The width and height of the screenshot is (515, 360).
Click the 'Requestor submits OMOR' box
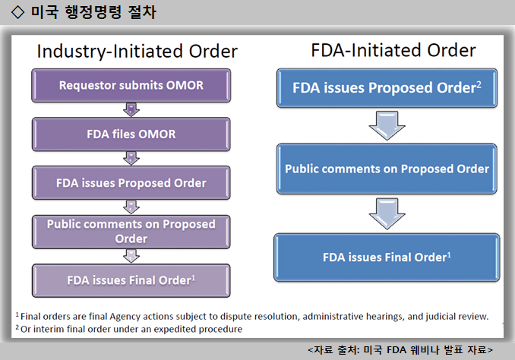[x=131, y=85]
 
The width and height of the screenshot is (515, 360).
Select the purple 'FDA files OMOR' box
[x=131, y=134]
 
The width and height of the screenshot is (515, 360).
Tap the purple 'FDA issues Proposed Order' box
[x=131, y=183]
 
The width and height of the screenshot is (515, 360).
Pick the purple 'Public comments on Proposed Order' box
[x=131, y=232]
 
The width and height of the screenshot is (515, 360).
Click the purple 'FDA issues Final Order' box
[x=131, y=280]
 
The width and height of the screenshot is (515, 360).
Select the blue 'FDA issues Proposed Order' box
[x=387, y=88]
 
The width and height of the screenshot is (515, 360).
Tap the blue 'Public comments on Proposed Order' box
[x=387, y=169]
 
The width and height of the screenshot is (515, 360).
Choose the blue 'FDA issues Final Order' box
[x=387, y=257]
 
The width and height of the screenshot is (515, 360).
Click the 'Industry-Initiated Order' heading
[x=137, y=51]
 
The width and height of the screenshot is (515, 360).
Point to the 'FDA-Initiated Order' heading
[x=393, y=50]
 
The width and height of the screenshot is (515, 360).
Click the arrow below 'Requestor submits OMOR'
[x=131, y=109]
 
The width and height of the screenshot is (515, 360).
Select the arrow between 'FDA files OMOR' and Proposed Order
[x=131, y=158]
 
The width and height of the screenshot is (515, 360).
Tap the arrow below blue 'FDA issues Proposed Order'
[x=387, y=125]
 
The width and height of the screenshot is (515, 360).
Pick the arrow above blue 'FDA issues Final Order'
[x=387, y=213]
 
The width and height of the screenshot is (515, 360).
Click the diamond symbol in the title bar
[x=17, y=12]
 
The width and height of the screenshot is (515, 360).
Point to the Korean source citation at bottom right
[x=400, y=350]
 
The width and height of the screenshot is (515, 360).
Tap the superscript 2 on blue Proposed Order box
[x=479, y=84]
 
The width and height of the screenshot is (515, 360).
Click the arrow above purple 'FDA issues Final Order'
[x=131, y=256]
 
